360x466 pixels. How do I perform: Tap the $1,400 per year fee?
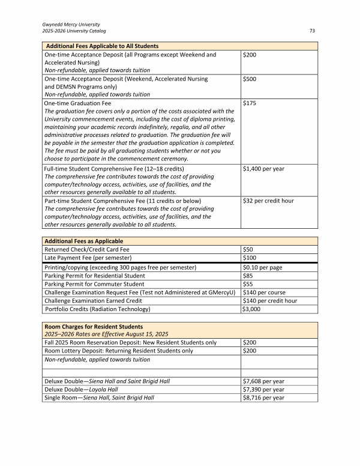263,169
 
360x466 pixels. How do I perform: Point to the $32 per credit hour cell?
268,201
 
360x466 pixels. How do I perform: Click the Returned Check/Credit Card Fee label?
87,249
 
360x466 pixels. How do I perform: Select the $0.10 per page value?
263,267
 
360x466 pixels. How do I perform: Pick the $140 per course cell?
263,292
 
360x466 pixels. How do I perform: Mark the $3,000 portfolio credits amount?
251,309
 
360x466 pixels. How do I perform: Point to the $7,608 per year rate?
263,381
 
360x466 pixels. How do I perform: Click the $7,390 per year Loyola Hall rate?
263,389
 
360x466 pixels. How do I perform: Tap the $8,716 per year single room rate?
263,398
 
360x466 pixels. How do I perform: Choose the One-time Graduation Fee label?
77,103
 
